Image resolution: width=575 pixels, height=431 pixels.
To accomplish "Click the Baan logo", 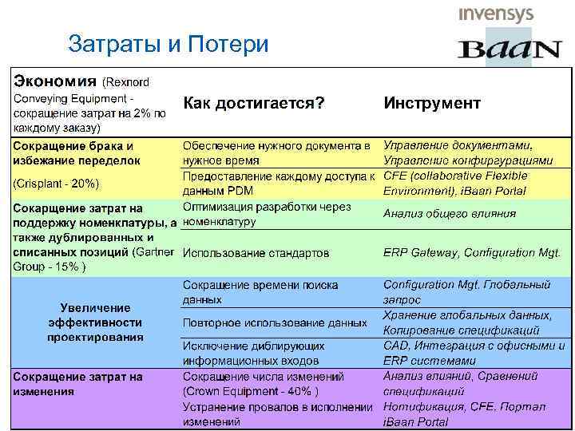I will [509, 49].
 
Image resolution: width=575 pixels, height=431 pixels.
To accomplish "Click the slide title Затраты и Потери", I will [169, 43].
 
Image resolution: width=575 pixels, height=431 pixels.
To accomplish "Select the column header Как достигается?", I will [254, 103].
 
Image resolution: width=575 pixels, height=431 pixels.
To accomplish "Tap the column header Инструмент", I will [432, 103].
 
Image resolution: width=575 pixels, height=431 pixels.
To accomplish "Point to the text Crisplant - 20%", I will [56, 184].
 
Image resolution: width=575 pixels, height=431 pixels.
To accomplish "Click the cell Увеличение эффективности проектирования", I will [94, 322].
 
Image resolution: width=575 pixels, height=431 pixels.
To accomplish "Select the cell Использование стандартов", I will [256, 253].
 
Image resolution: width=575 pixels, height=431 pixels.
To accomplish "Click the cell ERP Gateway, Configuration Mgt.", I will [471, 252].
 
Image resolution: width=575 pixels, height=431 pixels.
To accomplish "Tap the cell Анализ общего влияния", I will [449, 213].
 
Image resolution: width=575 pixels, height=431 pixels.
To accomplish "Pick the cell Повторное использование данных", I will [275, 323].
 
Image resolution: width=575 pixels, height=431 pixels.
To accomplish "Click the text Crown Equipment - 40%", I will [251, 391].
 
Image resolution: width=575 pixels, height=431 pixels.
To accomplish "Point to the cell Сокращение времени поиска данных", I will [260, 292].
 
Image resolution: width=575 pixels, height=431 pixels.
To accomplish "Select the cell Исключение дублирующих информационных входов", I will [254, 354].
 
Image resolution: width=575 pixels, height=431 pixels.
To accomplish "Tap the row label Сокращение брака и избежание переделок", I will [73, 152].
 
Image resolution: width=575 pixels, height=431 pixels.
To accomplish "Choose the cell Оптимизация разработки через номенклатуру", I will [267, 213].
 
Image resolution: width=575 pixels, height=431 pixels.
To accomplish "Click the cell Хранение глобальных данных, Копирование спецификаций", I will [467, 322].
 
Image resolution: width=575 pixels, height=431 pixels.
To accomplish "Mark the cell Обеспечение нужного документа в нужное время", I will [276, 152].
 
